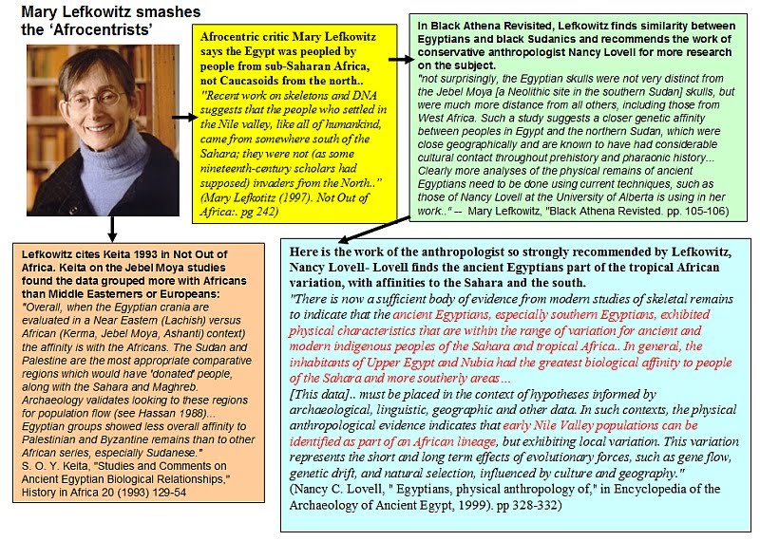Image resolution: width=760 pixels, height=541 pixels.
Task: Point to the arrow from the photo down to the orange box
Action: point(112,228)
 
